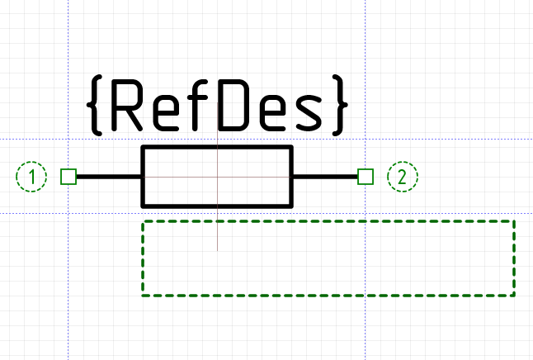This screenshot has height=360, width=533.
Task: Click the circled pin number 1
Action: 31,177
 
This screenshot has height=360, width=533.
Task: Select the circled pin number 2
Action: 403,177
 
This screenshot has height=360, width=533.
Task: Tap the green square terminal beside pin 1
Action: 68,177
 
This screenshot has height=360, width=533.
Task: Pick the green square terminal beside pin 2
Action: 366,177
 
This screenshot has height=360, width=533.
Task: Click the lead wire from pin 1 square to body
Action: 109,177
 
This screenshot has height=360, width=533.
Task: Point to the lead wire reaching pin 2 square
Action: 325,177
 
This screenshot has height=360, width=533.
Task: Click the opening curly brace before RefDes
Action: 95,105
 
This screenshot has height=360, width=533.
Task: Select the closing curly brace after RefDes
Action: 340,105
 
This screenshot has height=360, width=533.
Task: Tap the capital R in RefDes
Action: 126,105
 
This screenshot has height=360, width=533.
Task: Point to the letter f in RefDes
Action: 199,105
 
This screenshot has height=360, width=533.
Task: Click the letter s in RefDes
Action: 309,112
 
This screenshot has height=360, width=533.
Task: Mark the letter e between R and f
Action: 166,112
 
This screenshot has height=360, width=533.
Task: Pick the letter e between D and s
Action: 272,112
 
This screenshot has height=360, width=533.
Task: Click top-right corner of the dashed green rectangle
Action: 514,221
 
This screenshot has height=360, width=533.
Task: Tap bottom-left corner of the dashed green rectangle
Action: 143,296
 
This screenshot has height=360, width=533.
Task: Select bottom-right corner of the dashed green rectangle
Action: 514,296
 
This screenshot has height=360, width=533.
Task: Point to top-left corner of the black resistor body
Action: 143,147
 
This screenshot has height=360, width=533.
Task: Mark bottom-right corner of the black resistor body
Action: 291,206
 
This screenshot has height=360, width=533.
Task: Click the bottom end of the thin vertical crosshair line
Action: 218,251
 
